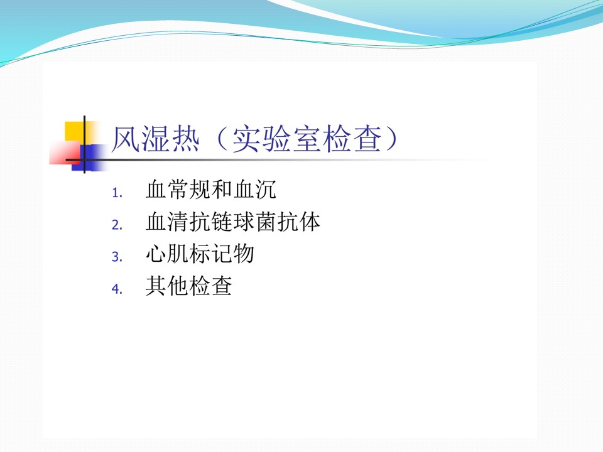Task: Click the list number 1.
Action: click(x=117, y=193)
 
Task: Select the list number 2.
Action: click(x=117, y=225)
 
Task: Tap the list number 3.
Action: click(x=117, y=257)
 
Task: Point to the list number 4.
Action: click(x=117, y=289)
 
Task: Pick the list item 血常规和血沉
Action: click(x=211, y=190)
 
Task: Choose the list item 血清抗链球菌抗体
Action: click(x=232, y=222)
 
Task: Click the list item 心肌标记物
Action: click(x=200, y=254)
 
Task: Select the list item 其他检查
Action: click(x=188, y=286)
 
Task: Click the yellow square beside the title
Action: click(x=75, y=131)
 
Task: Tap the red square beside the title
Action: click(x=65, y=153)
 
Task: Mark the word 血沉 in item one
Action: click(x=254, y=190)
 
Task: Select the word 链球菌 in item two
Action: click(x=244, y=222)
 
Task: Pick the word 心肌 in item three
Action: click(x=167, y=254)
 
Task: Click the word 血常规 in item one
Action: click(x=178, y=190)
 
